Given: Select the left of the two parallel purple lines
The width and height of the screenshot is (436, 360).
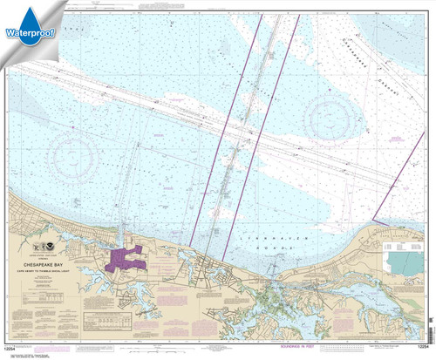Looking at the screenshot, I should pyautogui.click(x=212, y=131).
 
